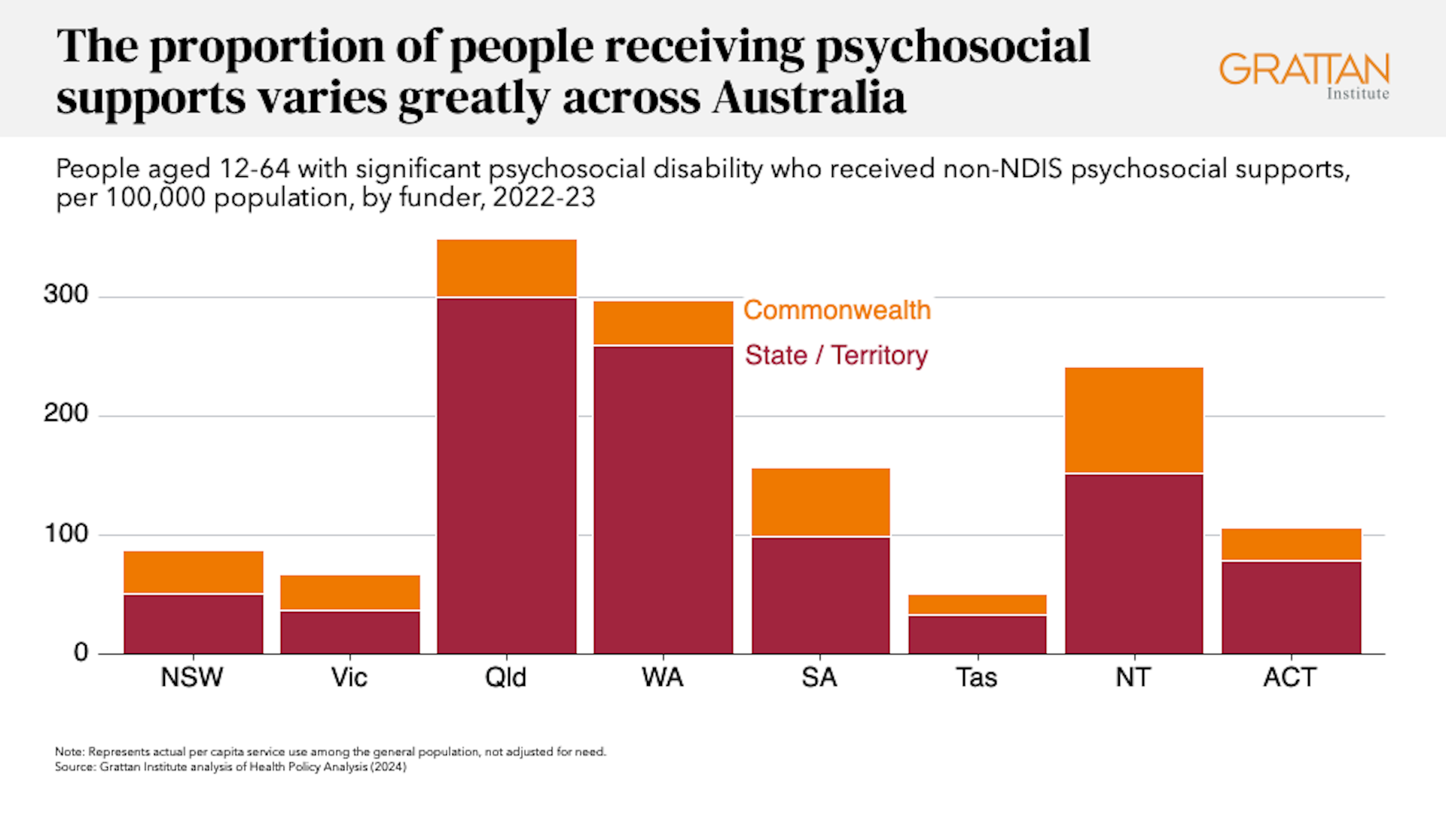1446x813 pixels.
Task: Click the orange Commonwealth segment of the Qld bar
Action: pos(506,268)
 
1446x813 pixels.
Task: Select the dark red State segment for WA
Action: pos(663,499)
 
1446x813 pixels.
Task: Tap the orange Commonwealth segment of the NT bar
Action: pos(1133,419)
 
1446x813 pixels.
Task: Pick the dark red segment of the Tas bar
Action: pos(977,635)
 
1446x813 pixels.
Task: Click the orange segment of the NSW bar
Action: pos(194,572)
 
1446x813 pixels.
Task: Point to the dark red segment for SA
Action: pos(820,595)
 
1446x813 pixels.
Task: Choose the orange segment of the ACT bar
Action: pos(1291,544)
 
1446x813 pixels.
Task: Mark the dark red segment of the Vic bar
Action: pos(350,632)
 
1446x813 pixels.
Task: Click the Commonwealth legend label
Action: pos(837,310)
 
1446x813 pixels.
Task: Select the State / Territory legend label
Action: pos(836,355)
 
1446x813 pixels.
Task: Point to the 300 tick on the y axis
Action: pos(66,294)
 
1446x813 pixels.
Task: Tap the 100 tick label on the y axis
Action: pos(66,534)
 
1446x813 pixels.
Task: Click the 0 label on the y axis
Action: pos(81,653)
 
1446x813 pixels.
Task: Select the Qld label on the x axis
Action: pos(505,677)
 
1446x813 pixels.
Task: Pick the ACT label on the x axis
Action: pos(1289,677)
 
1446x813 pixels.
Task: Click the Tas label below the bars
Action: pos(976,677)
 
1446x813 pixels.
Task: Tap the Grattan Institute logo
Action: pos(1304,75)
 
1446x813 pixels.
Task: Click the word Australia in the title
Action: pos(809,98)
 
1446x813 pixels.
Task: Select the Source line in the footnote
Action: pos(230,767)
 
